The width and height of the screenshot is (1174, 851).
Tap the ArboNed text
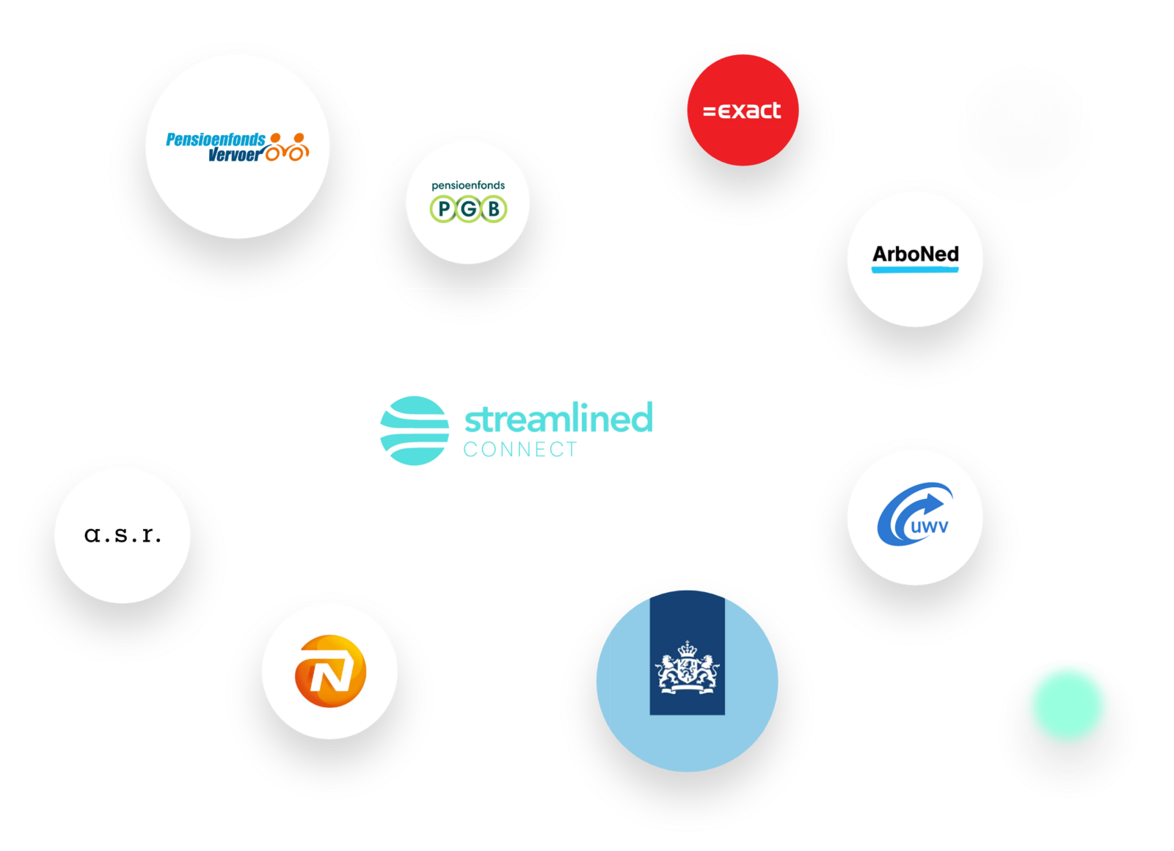pos(915,254)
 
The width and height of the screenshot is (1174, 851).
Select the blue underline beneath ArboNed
pos(915,270)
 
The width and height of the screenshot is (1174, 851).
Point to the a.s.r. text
pos(123,534)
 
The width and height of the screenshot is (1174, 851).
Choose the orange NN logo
pos(330,671)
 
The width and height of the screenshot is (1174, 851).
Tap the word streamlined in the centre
pos(558,418)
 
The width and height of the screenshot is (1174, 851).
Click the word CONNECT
pos(520,450)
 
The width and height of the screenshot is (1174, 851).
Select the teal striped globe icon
pos(415,431)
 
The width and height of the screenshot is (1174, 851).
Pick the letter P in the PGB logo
pos(444,210)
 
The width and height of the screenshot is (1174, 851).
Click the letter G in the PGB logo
pos(468,210)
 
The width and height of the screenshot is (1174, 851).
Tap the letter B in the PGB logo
pos(494,210)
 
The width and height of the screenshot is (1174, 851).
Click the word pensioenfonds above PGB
pos(468,186)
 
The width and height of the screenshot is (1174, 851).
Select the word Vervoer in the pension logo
pos(235,155)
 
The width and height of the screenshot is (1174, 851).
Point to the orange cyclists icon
pos(288,147)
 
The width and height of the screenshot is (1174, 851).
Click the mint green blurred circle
pos(1068,704)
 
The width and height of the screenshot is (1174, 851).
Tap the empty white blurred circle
pos(1024,110)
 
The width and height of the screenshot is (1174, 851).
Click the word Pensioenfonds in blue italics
pos(216,139)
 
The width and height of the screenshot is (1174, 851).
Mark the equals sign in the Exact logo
pos(709,112)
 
